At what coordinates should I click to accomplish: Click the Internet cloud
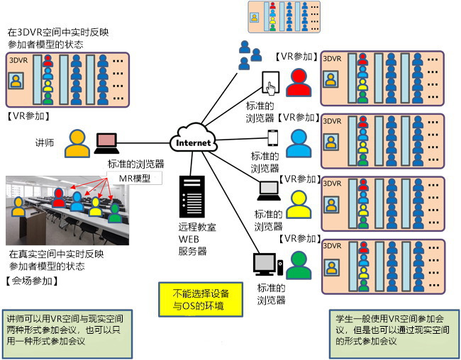coord(194,138)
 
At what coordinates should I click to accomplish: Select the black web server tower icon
coord(192,196)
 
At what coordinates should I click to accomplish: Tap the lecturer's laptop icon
coord(106,143)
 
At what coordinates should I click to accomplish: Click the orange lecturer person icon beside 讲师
coord(77,143)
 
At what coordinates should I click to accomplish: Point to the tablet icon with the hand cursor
coord(271,83)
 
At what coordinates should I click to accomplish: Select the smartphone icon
coord(273,137)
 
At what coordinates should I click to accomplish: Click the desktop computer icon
coord(268,264)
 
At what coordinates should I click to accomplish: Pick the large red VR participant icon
coord(299,83)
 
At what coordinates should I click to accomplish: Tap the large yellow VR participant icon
coord(299,205)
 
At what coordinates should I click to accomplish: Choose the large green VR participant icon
coord(299,265)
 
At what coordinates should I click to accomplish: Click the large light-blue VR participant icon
coord(299,143)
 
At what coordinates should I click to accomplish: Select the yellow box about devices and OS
coord(201,300)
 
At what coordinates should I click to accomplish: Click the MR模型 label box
coord(134,178)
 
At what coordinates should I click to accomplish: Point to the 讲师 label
coord(45,143)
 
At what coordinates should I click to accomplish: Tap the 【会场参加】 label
coord(32,281)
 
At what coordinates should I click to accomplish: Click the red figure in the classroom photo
coord(59,198)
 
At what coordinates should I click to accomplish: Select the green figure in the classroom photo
coord(115,213)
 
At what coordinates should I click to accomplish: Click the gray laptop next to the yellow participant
coord(269,191)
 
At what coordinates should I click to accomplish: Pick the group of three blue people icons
coord(250,55)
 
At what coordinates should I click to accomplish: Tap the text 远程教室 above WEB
coord(197,227)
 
